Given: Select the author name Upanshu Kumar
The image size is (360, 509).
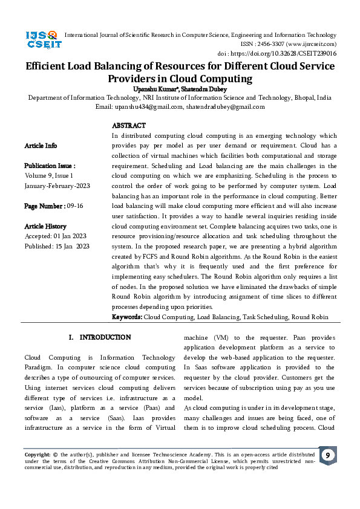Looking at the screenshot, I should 154,88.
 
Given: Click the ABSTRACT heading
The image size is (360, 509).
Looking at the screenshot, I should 128,126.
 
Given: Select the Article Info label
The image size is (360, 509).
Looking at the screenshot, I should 41,146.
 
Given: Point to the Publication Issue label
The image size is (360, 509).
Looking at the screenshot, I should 50,166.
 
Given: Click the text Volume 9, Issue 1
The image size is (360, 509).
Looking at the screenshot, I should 48,175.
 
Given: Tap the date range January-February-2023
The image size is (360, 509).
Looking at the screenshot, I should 57,186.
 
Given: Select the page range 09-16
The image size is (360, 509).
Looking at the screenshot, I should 76,206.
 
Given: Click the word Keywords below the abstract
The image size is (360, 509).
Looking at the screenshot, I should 127,317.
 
